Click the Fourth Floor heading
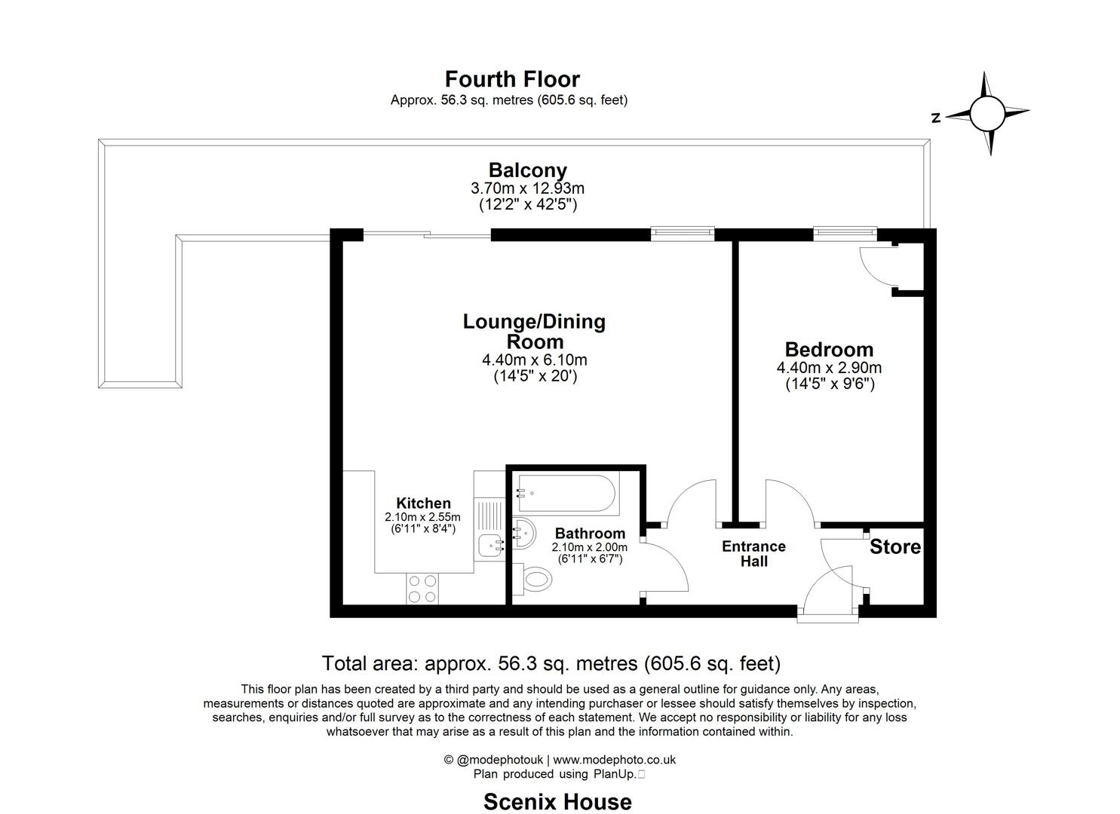pos(512,79)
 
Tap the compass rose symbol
pos(987,114)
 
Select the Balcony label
pos(527,170)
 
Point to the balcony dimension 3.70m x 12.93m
pos(527,188)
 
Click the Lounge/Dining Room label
pos(534,332)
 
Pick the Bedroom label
pos(829,350)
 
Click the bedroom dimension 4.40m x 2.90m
pos(829,369)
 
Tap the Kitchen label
pos(423,503)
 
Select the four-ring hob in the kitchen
pos(422,589)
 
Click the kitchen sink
pos(492,544)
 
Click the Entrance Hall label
pos(753,554)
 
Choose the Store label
pos(895,547)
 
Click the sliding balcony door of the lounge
pos(427,235)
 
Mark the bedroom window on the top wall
pos(845,234)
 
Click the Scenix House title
pos(557,801)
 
